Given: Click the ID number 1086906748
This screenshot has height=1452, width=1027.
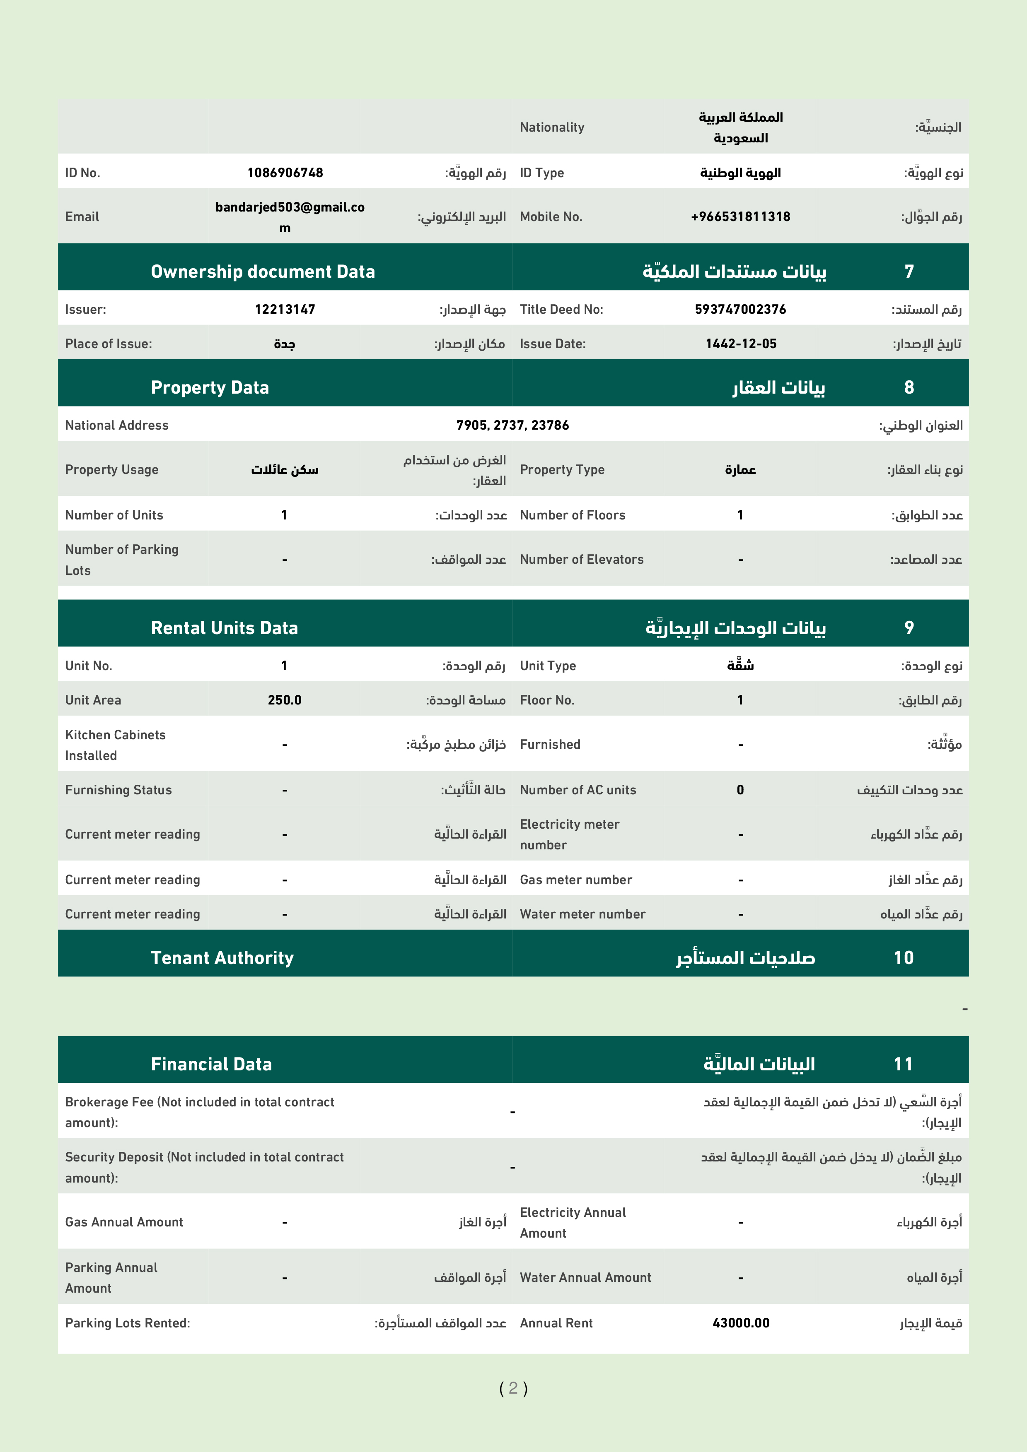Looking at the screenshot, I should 285,173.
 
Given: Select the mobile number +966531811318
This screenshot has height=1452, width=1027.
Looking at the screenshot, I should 740,216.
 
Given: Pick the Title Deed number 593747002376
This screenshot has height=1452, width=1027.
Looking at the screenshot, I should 740,309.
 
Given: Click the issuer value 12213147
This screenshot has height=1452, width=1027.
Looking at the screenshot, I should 285,309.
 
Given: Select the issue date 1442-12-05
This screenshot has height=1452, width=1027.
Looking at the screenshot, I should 740,344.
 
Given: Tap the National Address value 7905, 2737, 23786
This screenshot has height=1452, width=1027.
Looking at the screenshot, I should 512,425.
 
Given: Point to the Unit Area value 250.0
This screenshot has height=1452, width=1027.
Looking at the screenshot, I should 284,700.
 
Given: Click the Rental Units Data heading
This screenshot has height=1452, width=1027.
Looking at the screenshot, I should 224,627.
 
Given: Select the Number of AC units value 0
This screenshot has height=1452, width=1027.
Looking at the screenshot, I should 740,790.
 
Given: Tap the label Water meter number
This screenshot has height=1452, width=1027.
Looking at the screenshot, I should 582,914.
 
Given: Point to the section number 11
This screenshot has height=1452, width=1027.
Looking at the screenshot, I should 903,1064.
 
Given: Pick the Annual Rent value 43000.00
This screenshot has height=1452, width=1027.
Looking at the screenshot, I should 740,1323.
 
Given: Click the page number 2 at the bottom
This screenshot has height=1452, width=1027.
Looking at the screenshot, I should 513,1388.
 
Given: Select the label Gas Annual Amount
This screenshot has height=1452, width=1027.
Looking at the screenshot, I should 124,1222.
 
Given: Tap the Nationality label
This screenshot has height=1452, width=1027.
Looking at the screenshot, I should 552,127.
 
